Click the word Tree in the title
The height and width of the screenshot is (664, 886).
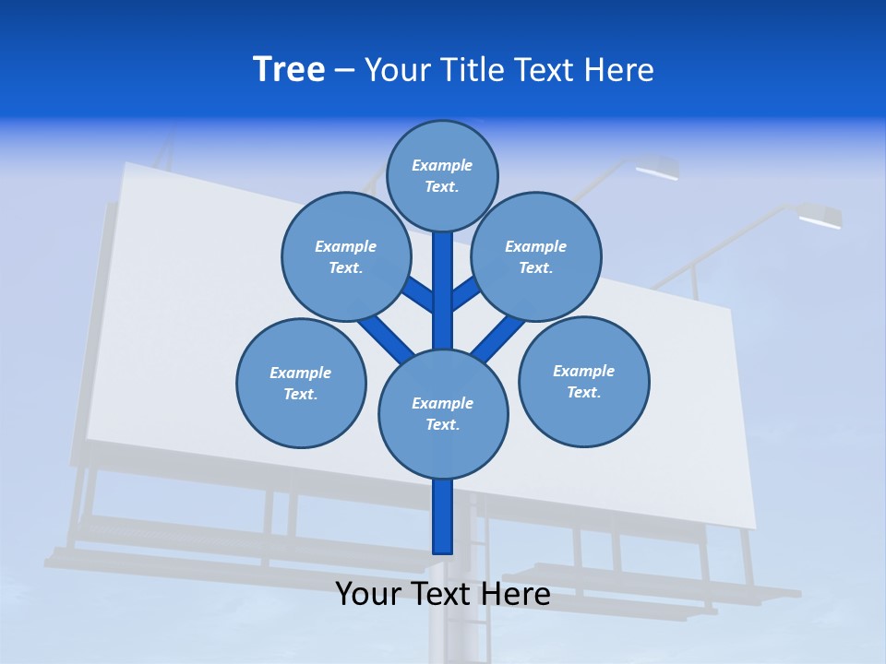[289, 70]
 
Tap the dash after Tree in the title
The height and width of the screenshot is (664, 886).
[344, 71]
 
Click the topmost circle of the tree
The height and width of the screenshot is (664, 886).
[442, 175]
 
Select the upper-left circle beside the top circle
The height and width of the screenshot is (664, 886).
[346, 256]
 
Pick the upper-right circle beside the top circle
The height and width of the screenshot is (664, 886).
[536, 256]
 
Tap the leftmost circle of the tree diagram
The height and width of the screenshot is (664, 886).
[301, 383]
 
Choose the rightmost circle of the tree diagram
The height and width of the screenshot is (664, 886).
[583, 381]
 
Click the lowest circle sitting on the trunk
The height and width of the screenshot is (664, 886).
[443, 413]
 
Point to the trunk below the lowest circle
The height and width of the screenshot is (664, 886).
[443, 516]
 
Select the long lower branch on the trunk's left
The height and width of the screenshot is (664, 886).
[386, 337]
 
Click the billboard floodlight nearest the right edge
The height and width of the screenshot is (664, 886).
[820, 218]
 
